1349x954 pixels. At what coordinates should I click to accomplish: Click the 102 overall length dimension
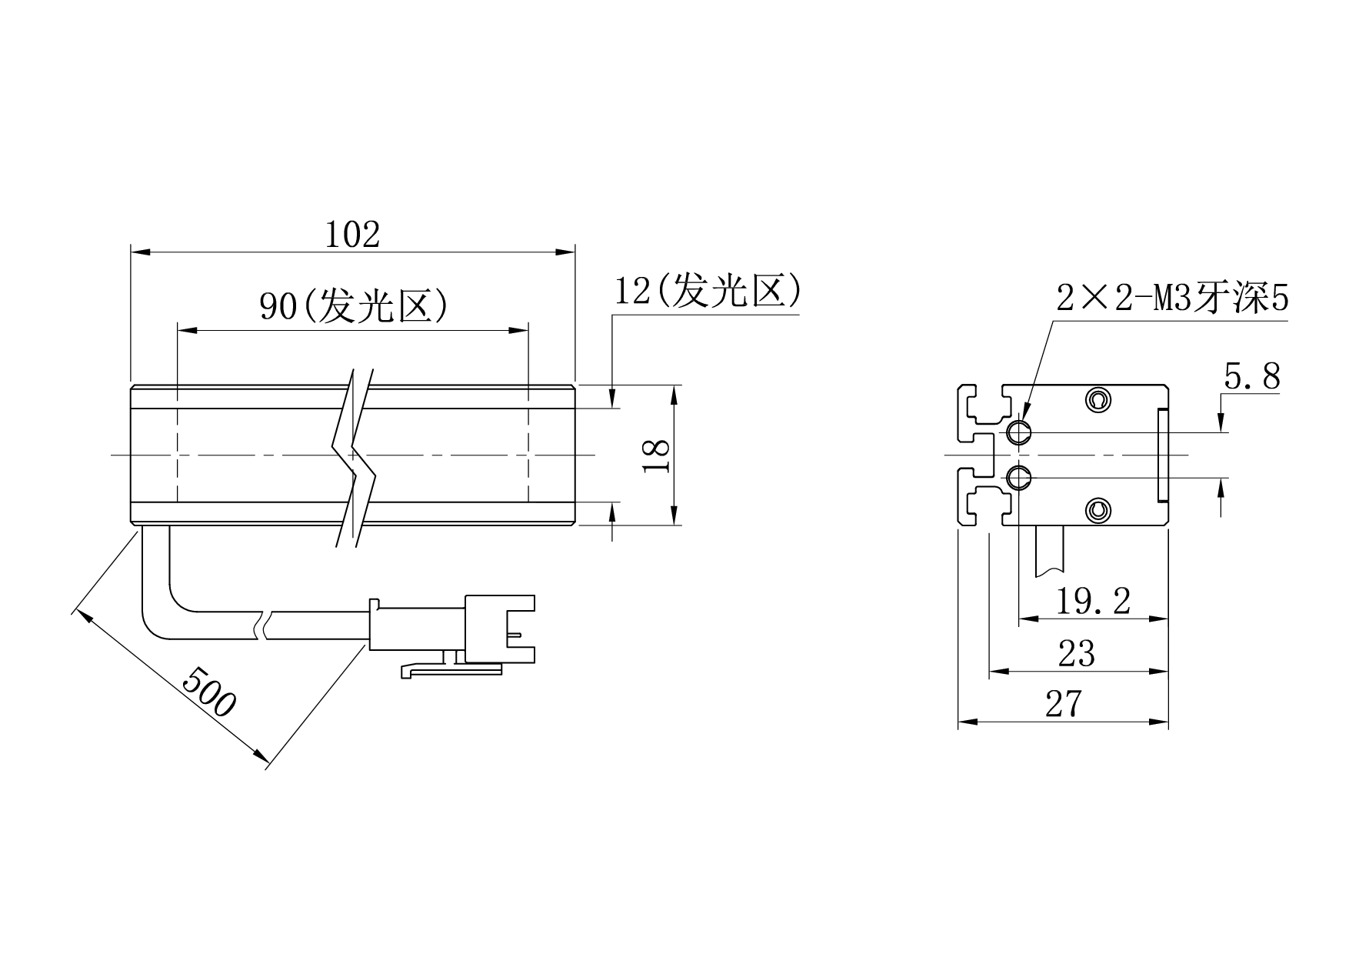pyautogui.click(x=352, y=235)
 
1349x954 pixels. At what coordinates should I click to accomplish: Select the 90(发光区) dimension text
pyautogui.click(x=353, y=306)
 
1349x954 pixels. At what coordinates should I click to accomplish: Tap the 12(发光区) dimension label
pyautogui.click(x=708, y=292)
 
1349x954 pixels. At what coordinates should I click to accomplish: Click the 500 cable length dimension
pyautogui.click(x=208, y=692)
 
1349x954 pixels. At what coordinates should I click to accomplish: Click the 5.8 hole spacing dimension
pyautogui.click(x=1251, y=377)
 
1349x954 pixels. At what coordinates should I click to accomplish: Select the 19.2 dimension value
pyautogui.click(x=1092, y=601)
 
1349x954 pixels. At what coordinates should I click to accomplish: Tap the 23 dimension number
pyautogui.click(x=1076, y=654)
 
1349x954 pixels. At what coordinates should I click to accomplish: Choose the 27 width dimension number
pyautogui.click(x=1063, y=704)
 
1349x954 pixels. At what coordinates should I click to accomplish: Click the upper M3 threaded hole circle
pyautogui.click(x=1020, y=432)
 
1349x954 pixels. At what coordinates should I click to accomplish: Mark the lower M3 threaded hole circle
pyautogui.click(x=1020, y=479)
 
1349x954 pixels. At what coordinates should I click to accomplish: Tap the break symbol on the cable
pyautogui.click(x=263, y=625)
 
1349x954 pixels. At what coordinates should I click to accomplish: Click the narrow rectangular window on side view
pyautogui.click(x=1162, y=455)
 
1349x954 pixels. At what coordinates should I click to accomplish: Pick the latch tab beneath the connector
pyautogui.click(x=450, y=670)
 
